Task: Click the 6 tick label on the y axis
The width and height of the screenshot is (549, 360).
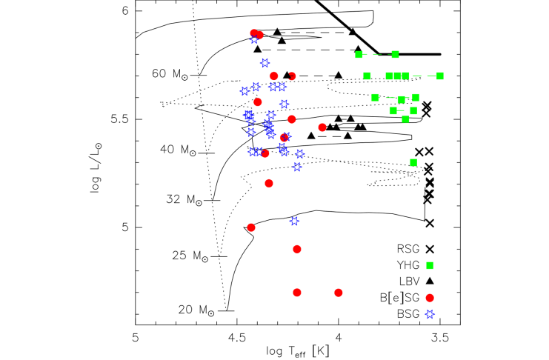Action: click(x=126, y=11)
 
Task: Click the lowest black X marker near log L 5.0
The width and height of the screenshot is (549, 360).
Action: click(x=430, y=222)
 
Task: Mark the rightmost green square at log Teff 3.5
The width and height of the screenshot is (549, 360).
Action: click(x=440, y=76)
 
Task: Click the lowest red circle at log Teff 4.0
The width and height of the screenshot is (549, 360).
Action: click(x=339, y=293)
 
